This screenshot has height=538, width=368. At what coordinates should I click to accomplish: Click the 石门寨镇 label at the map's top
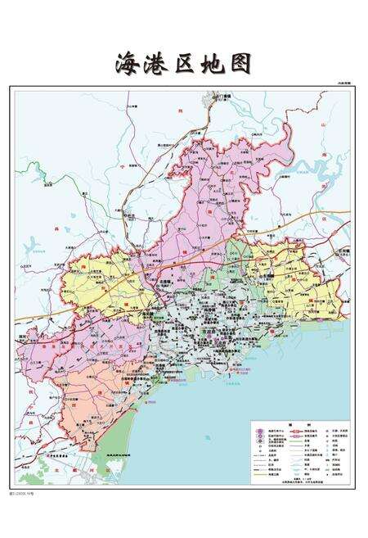pyautogui.click(x=222, y=97)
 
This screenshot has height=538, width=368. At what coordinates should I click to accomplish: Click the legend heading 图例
pyautogui.click(x=301, y=426)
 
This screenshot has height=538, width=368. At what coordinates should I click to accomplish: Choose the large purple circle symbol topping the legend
pyautogui.click(x=259, y=431)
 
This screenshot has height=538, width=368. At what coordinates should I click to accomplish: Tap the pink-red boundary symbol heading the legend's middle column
pyautogui.click(x=292, y=432)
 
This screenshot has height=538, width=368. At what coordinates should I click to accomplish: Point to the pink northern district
pyautogui.click(x=213, y=197)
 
